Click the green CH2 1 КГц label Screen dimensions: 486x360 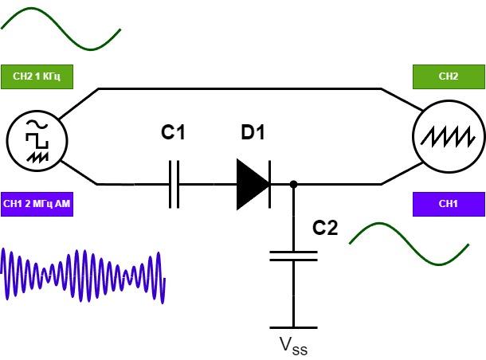[x=37, y=76]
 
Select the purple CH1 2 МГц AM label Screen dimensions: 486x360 [x=37, y=204]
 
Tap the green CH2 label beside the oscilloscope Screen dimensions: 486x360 [x=449, y=76]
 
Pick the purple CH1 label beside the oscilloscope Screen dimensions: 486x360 [x=449, y=204]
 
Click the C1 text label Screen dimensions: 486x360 [x=173, y=132]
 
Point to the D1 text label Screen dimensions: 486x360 [x=253, y=132]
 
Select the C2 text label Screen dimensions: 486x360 [x=325, y=228]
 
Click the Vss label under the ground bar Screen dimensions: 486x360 [x=293, y=346]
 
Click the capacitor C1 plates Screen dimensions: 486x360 [x=174, y=184]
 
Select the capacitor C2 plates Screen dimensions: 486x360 [x=293, y=256]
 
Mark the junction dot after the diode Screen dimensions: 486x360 [x=293, y=184]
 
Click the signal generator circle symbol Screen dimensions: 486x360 [x=37, y=141]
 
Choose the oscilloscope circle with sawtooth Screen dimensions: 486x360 [x=449, y=136]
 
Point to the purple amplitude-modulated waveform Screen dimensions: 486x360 [x=83, y=276]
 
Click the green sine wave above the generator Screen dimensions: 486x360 [x=61, y=29]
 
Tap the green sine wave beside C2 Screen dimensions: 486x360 [x=409, y=244]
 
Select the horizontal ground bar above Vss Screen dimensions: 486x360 [x=293, y=327]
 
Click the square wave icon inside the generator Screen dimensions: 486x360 [x=37, y=141]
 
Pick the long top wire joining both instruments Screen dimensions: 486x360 [x=240, y=89]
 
